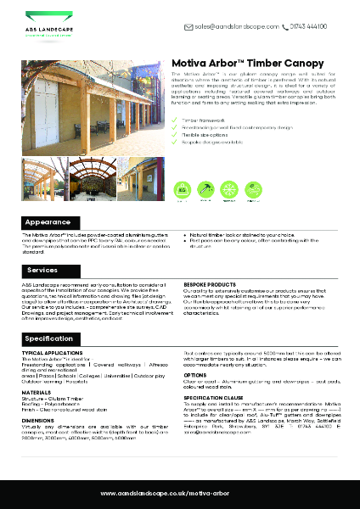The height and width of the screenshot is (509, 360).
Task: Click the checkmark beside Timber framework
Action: pos(175,121)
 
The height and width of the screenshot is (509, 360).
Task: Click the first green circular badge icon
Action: pos(182,188)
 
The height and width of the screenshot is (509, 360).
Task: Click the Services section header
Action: pos(42,271)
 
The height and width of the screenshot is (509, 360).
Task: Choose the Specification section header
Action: pos(49,338)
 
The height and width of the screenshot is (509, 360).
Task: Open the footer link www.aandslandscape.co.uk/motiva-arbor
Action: pos(179,493)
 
